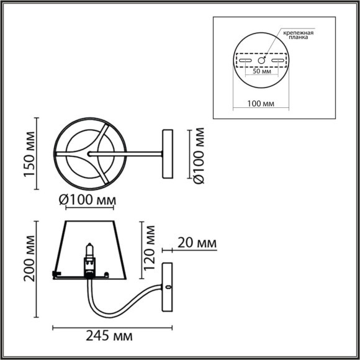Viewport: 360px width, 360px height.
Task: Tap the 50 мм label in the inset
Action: tap(263, 71)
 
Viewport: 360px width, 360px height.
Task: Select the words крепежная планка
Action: tap(297, 34)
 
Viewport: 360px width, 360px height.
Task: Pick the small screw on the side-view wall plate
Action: tap(168, 287)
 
